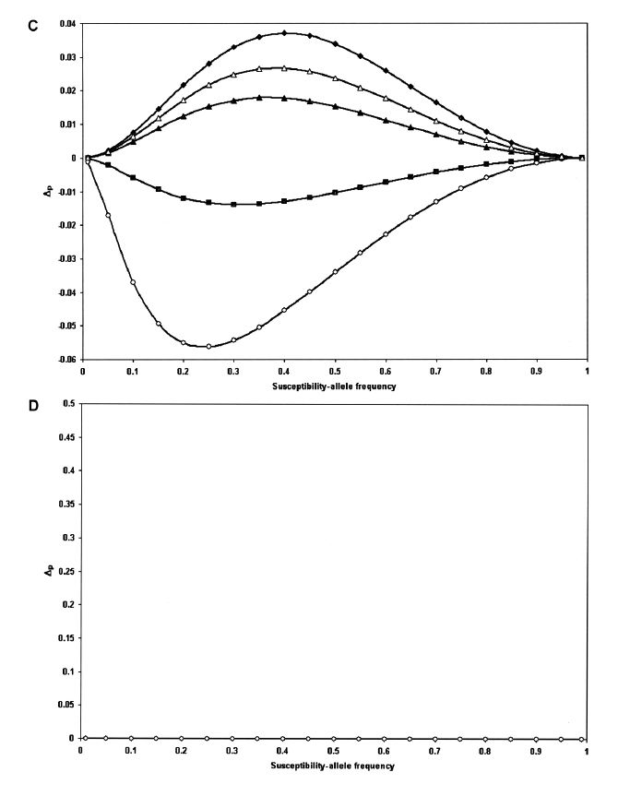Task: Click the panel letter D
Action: (34, 406)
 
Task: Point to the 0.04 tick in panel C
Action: (67, 24)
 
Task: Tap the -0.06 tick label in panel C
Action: (65, 360)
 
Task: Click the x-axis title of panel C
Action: (334, 386)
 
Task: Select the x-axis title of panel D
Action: (334, 766)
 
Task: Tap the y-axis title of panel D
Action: (48, 571)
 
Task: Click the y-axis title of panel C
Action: (48, 192)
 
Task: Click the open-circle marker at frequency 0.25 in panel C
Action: (208, 347)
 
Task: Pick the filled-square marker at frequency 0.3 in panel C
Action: (234, 204)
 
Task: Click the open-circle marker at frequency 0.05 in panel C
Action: (108, 216)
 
